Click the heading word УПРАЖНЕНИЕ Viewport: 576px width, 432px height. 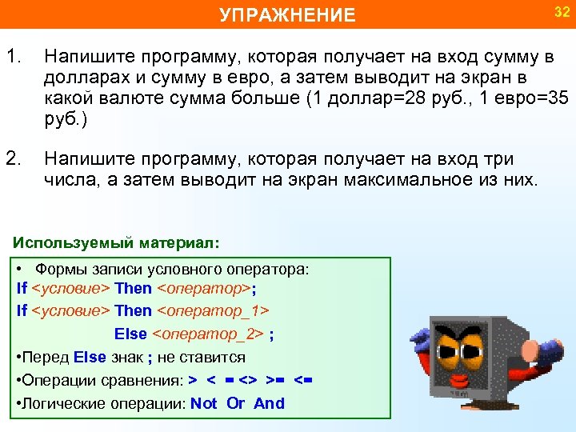(287, 15)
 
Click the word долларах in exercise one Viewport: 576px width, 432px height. (83, 78)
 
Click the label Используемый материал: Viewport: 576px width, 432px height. (116, 241)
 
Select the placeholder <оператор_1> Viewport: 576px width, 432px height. (213, 310)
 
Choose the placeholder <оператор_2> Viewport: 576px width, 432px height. (208, 334)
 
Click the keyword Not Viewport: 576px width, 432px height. (203, 403)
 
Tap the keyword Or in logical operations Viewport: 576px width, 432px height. (235, 403)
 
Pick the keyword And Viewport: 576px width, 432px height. (269, 403)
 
